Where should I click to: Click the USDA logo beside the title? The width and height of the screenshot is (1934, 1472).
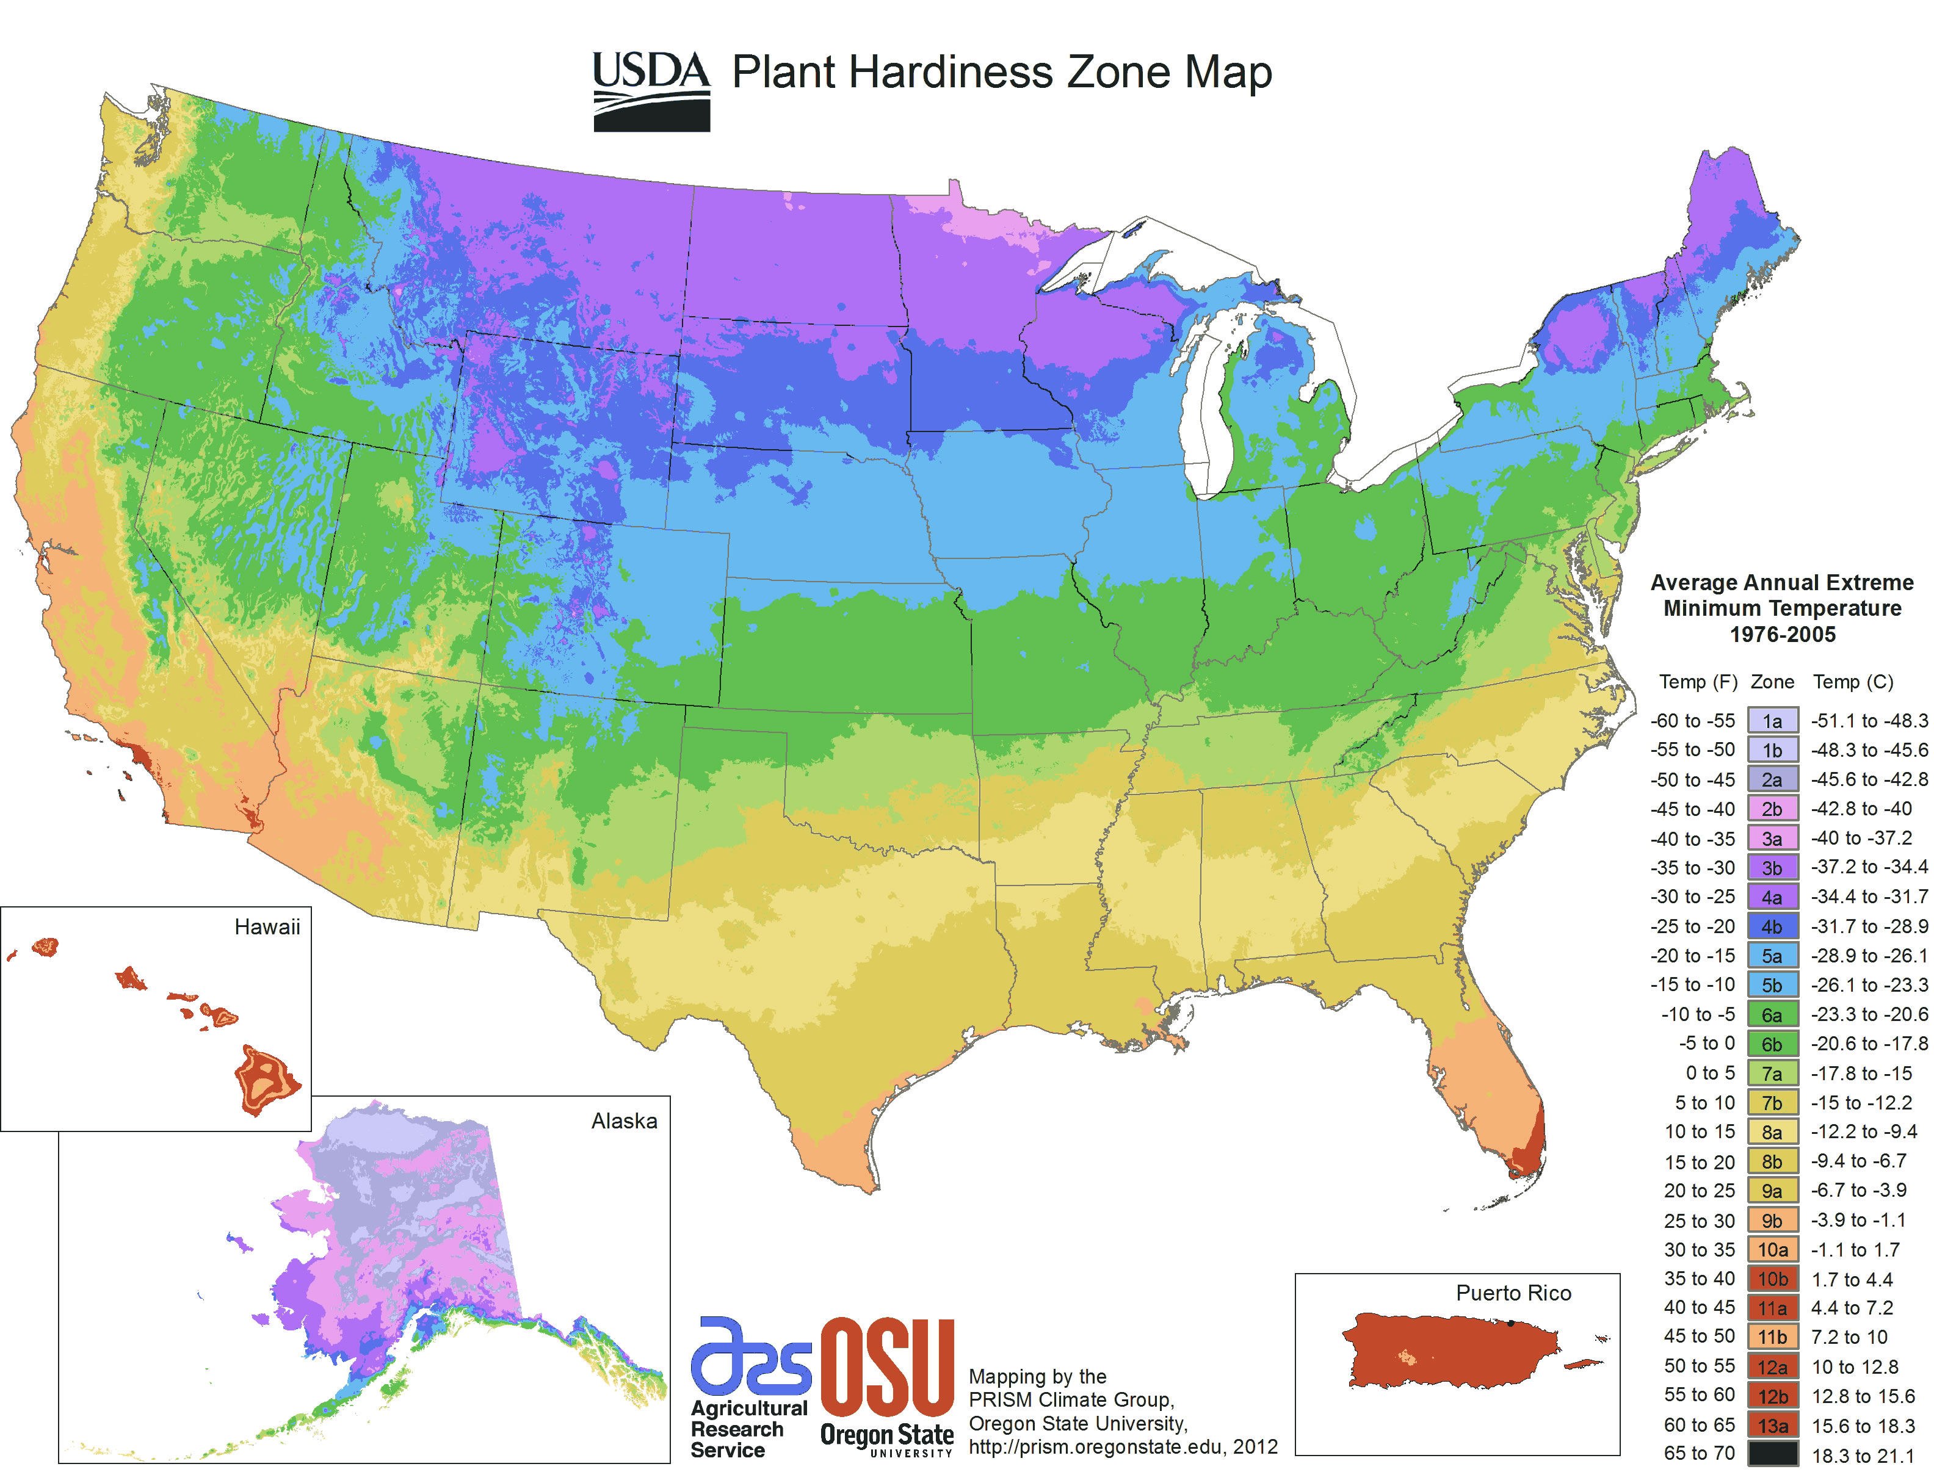tap(651, 91)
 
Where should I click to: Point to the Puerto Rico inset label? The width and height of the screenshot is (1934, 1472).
tap(1513, 1293)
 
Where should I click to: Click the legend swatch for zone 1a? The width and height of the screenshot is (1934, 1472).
tap(1771, 721)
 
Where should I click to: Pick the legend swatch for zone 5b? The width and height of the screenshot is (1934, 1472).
tap(1771, 985)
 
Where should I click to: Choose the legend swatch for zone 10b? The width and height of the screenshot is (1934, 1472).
tap(1771, 1279)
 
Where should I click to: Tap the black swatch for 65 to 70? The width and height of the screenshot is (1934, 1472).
tap(1771, 1454)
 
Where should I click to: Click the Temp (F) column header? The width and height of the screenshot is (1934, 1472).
tap(1697, 682)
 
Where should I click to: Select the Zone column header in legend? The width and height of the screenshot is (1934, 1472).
tap(1771, 682)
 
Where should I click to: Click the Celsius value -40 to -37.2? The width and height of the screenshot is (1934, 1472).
tap(1860, 839)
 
